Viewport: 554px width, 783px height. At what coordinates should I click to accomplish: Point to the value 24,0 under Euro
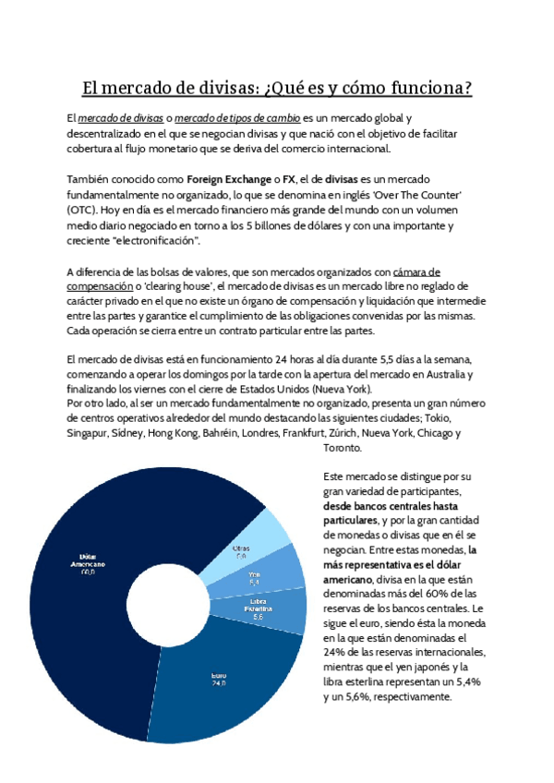(x=219, y=685)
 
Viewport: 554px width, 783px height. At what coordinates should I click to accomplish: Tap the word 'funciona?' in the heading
(x=429, y=89)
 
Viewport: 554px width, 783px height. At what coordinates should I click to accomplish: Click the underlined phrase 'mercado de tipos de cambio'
(x=237, y=118)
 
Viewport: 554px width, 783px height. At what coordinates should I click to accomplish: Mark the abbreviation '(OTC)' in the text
(x=81, y=210)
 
